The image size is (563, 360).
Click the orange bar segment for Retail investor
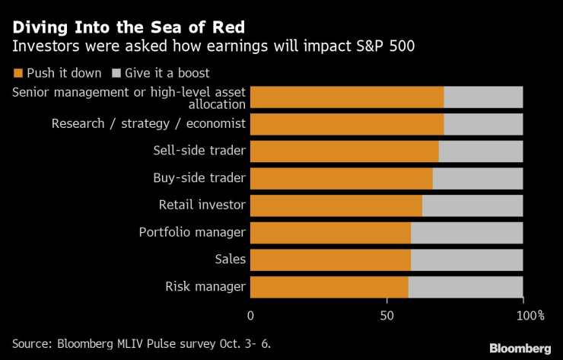tap(336, 205)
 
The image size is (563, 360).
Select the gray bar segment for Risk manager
tap(466, 287)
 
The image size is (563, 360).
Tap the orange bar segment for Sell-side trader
tap(344, 151)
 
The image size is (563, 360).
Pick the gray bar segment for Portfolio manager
tap(466, 233)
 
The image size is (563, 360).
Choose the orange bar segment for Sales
tap(330, 260)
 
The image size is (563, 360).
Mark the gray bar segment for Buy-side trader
tap(477, 178)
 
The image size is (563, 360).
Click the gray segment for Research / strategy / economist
tap(483, 124)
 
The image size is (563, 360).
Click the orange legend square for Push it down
tap(18, 74)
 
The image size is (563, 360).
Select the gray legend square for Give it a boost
tap(116, 74)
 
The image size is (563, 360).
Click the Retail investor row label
tap(202, 205)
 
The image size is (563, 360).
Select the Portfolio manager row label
tap(192, 233)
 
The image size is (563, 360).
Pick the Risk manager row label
tap(205, 287)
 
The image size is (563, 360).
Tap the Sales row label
tap(230, 260)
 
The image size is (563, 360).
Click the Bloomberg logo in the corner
tap(520, 348)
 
